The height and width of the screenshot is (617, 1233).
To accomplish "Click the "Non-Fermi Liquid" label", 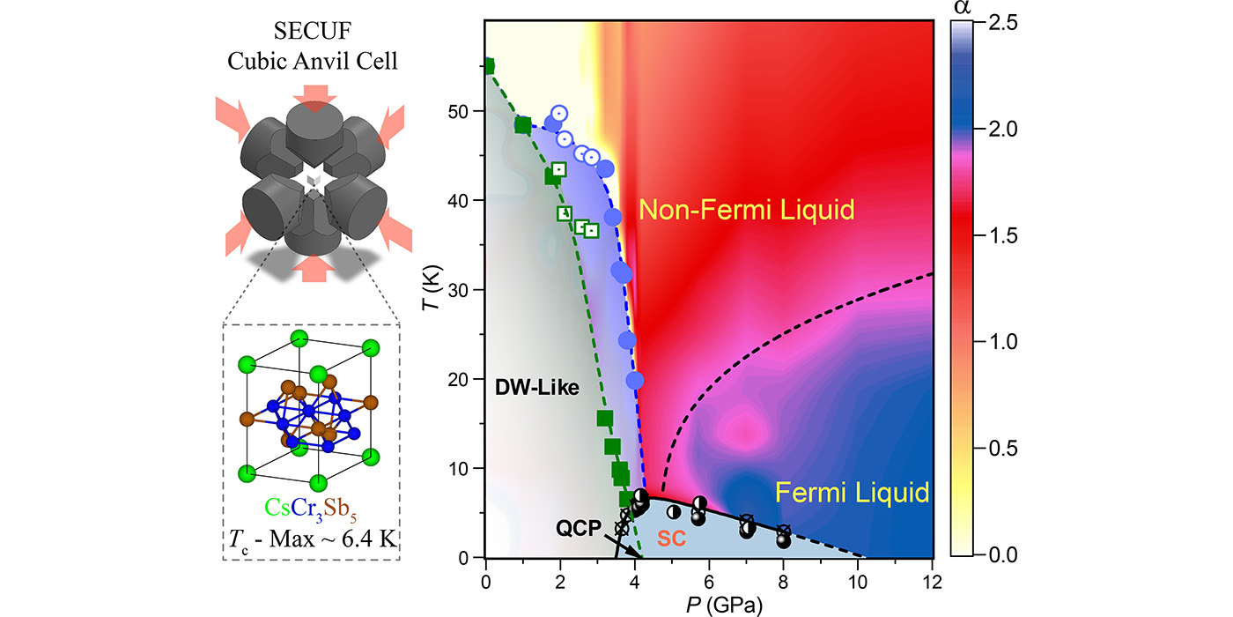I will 747,210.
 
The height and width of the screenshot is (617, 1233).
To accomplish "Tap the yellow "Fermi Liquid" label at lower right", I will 853,491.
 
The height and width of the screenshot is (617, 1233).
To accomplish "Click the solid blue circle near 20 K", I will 635,380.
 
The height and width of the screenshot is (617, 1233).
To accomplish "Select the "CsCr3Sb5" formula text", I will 312,507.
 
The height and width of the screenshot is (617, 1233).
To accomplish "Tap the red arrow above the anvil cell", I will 314,93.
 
